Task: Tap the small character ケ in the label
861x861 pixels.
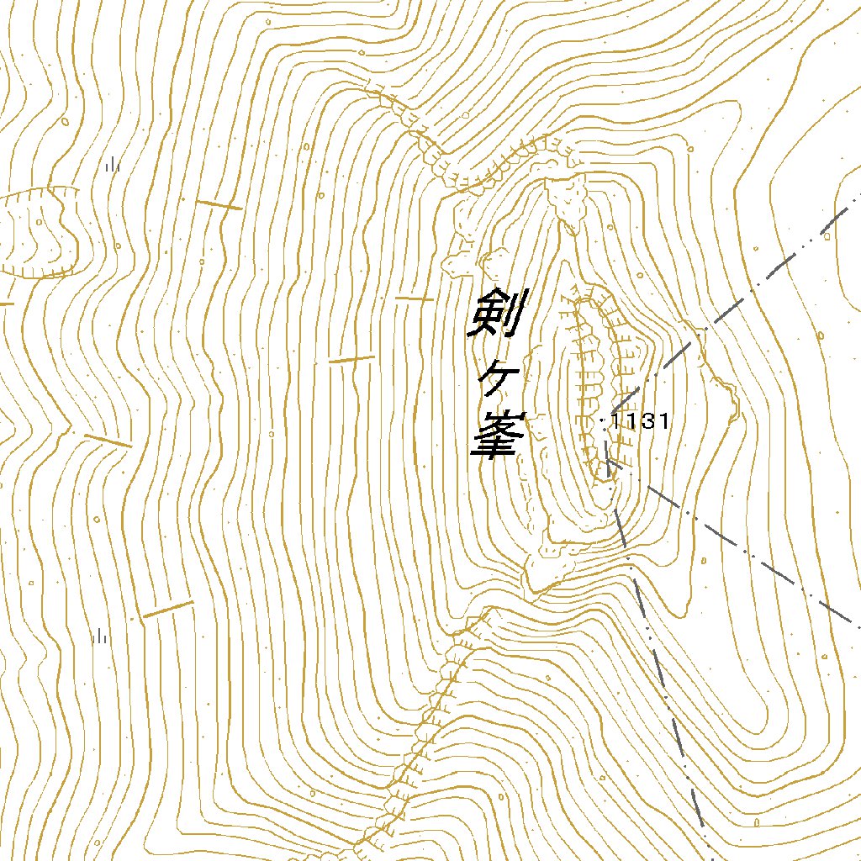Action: (496, 381)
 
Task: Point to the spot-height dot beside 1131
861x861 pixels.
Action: (605, 424)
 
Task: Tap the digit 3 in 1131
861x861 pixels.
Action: (648, 421)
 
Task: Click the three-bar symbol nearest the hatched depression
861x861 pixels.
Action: (113, 165)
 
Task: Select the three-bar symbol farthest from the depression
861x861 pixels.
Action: (101, 636)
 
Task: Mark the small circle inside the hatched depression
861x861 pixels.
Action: (39, 221)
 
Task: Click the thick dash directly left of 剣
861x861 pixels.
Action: (414, 298)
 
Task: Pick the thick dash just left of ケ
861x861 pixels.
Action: (351, 360)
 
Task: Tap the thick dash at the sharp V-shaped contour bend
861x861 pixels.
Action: (108, 440)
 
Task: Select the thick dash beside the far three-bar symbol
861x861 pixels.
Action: (166, 610)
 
